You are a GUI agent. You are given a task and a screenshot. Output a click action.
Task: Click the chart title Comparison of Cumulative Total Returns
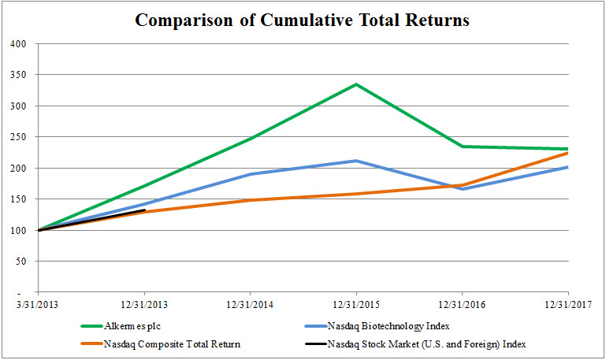[302, 20]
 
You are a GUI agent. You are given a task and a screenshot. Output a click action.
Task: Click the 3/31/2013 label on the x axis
[38, 306]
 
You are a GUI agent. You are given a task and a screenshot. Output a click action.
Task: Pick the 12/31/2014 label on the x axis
[250, 306]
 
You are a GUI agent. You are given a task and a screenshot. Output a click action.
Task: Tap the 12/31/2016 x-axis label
[462, 306]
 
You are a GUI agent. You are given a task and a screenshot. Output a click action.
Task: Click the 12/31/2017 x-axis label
[567, 306]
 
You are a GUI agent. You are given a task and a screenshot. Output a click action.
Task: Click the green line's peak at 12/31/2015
[356, 84]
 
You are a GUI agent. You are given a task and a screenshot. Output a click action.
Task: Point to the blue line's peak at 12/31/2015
[356, 161]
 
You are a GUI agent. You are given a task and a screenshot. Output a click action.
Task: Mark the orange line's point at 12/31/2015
[356, 194]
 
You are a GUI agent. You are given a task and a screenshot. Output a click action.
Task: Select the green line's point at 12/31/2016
[462, 147]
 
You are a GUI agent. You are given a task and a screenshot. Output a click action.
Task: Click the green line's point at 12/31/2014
[250, 139]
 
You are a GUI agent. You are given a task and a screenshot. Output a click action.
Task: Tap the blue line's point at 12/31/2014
[250, 174]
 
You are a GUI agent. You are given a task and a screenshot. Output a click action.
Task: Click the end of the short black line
[144, 210]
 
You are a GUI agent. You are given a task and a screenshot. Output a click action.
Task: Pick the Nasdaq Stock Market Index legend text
[426, 343]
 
